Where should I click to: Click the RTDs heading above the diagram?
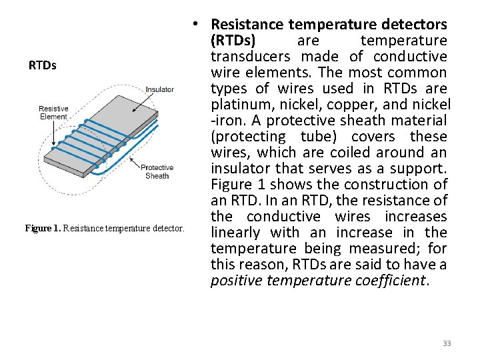[x=43, y=65]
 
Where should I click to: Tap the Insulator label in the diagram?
[x=159, y=89]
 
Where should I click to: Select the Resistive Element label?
[x=53, y=113]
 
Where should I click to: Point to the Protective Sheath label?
[x=157, y=171]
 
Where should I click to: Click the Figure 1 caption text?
[x=103, y=229]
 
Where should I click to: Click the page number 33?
[x=447, y=343]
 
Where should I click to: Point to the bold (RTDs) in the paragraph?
[x=233, y=41]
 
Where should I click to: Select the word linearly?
[x=235, y=233]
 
